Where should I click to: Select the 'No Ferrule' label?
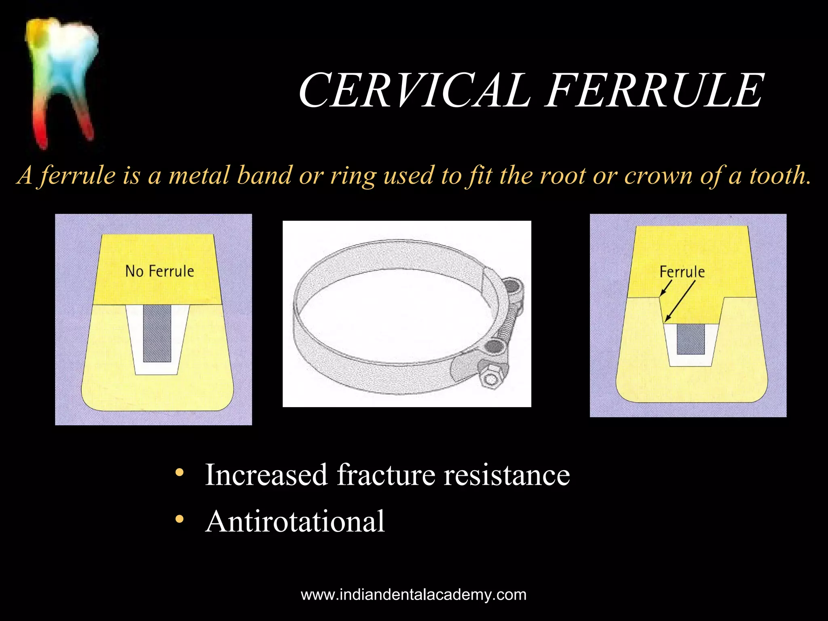coord(160,271)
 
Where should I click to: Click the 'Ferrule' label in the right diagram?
coord(682,272)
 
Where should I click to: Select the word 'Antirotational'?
coord(295,522)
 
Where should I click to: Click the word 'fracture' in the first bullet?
coord(386,475)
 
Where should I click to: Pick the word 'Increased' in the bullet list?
coord(266,475)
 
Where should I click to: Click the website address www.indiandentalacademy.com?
coord(414,595)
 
